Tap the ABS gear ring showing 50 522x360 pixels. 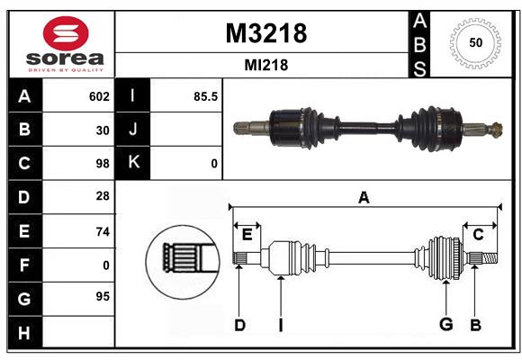(x=474, y=43)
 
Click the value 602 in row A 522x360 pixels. (x=99, y=96)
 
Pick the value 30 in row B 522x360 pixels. (x=103, y=130)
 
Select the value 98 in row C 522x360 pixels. (x=102, y=164)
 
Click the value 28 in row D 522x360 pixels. (x=102, y=197)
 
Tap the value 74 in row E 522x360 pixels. (x=102, y=231)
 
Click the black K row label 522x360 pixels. (x=133, y=163)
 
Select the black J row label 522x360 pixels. (x=133, y=130)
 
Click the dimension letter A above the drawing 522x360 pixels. (x=364, y=198)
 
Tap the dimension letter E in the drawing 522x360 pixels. (x=247, y=234)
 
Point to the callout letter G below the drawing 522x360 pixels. (x=445, y=325)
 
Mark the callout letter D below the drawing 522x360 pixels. (x=239, y=325)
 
